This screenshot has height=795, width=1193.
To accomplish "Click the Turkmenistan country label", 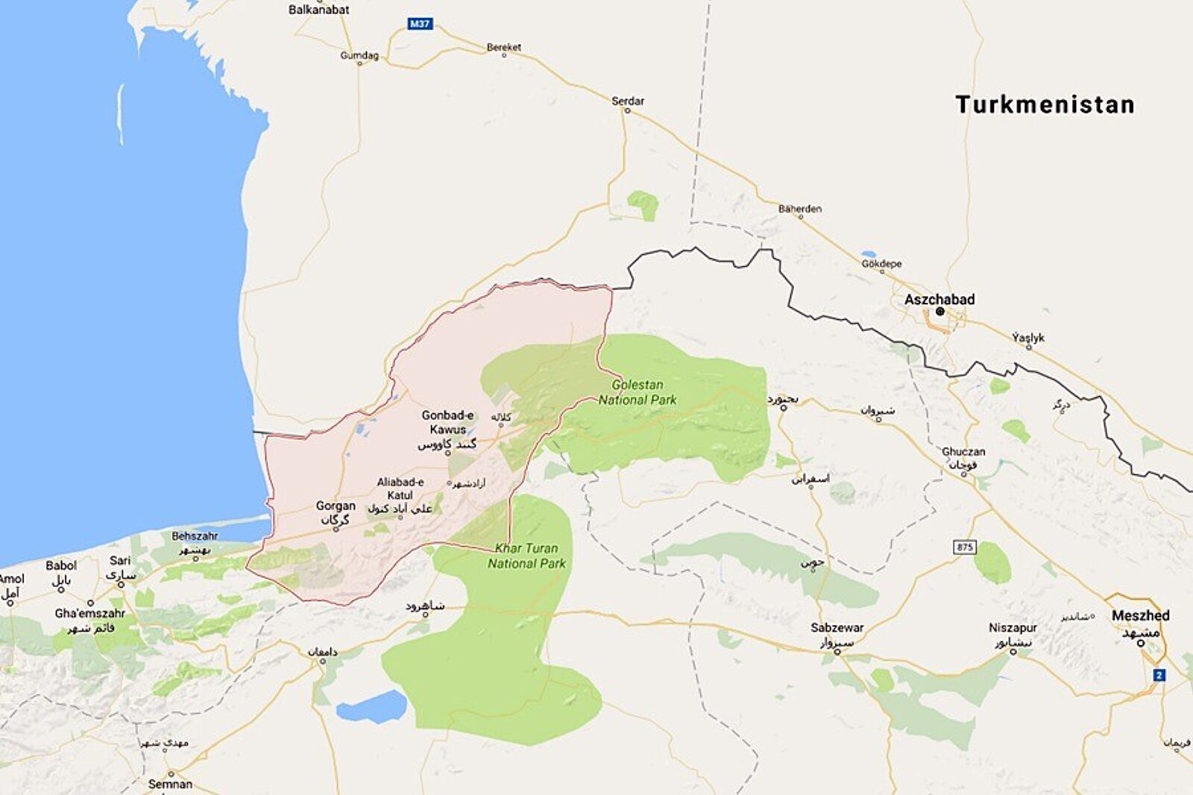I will [x=1045, y=104].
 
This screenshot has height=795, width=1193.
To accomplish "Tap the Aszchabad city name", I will [x=939, y=299].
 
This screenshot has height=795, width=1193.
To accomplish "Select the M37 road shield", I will [x=420, y=24].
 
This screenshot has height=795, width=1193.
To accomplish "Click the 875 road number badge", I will [x=965, y=547].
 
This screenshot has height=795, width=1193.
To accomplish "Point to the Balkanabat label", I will [x=318, y=10].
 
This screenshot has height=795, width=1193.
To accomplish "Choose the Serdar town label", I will [x=628, y=101].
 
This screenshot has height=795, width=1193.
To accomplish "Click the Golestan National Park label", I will [x=638, y=392].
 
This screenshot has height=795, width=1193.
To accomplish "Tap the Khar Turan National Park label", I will [x=526, y=556].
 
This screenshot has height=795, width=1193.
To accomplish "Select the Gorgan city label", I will [x=336, y=506].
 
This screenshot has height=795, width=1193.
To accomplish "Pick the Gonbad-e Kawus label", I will [x=447, y=422].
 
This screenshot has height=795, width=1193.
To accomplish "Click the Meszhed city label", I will [x=1140, y=615].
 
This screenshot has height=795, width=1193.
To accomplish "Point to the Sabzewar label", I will [x=837, y=627].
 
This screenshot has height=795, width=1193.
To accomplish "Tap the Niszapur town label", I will [x=1012, y=627].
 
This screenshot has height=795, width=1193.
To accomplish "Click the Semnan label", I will [x=170, y=784].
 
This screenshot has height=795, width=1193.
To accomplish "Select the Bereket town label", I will [x=504, y=47].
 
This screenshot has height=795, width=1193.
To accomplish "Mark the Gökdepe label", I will [x=881, y=263].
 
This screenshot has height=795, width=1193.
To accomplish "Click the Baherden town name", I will [x=799, y=209].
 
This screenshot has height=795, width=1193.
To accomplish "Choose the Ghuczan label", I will [x=963, y=451].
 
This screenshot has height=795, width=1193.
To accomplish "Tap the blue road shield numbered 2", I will [x=1159, y=675].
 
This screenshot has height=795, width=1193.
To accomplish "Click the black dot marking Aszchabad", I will [x=940, y=312].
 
